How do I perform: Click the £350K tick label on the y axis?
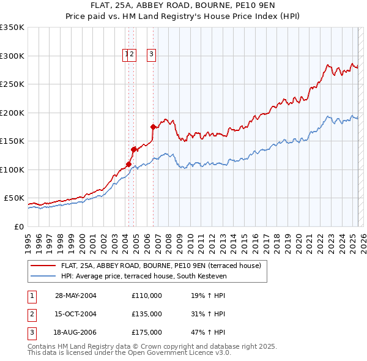coord(12,28)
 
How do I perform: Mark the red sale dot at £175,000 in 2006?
coord(154,127)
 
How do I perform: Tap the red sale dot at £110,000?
coord(129,163)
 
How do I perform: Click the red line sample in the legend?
coord(42,266)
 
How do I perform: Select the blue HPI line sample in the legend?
coord(42,277)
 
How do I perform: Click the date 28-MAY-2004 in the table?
coord(76,295)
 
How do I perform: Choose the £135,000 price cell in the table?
coord(147,314)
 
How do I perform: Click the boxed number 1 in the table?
coord(31,295)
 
